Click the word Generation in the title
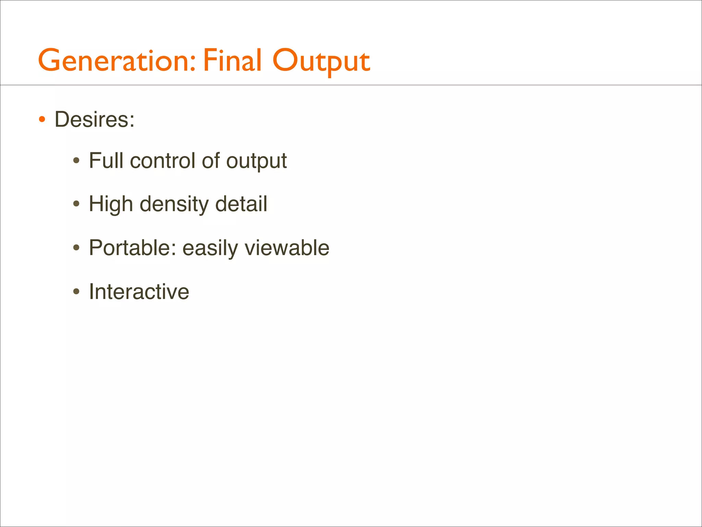click(117, 61)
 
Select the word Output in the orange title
click(321, 62)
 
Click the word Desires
click(94, 120)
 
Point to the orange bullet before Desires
click(42, 120)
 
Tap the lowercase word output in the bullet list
click(256, 161)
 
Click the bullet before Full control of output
click(76, 161)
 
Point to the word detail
click(241, 204)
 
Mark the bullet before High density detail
click(76, 204)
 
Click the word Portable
click(132, 248)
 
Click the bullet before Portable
click(76, 248)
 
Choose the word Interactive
click(139, 292)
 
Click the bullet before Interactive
click(76, 292)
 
